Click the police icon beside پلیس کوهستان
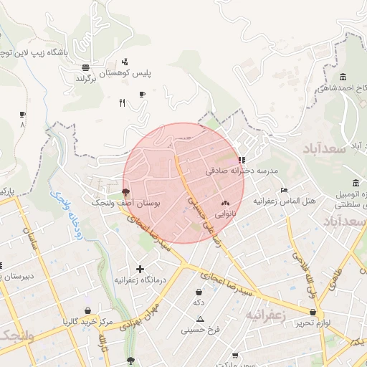coord(125,62)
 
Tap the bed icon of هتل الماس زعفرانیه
coord(285,191)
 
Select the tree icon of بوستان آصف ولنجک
coord(126,192)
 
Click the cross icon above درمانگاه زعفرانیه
coord(140,269)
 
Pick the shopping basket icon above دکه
coord(199,292)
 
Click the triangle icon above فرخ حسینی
coord(200,319)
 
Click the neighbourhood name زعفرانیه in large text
coord(266,315)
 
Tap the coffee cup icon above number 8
coord(22,114)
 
